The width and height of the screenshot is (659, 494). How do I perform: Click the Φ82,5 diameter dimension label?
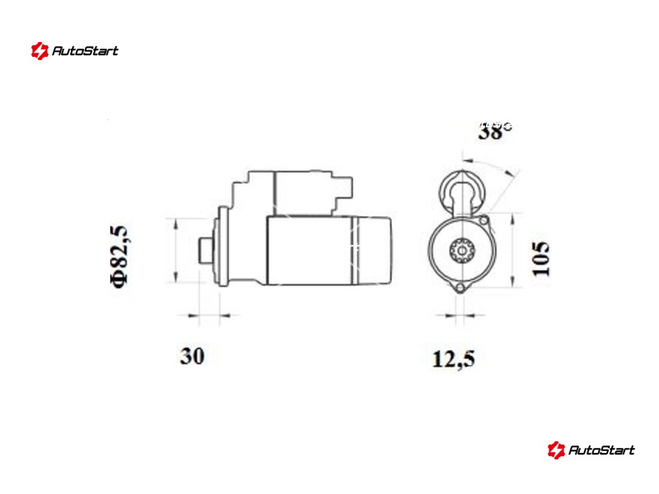119,257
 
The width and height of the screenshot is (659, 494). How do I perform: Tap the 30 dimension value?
193,356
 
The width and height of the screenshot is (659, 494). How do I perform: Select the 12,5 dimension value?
454,359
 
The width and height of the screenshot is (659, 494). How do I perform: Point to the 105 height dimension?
541,258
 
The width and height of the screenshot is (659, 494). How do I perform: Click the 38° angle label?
495,131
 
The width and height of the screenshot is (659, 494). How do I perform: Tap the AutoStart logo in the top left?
74,51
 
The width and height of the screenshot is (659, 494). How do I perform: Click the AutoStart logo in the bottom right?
591,450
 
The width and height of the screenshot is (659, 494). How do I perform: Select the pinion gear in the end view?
462,251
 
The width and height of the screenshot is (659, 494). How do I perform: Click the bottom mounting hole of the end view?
460,288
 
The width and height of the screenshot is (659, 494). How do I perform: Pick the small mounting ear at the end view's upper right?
484,220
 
